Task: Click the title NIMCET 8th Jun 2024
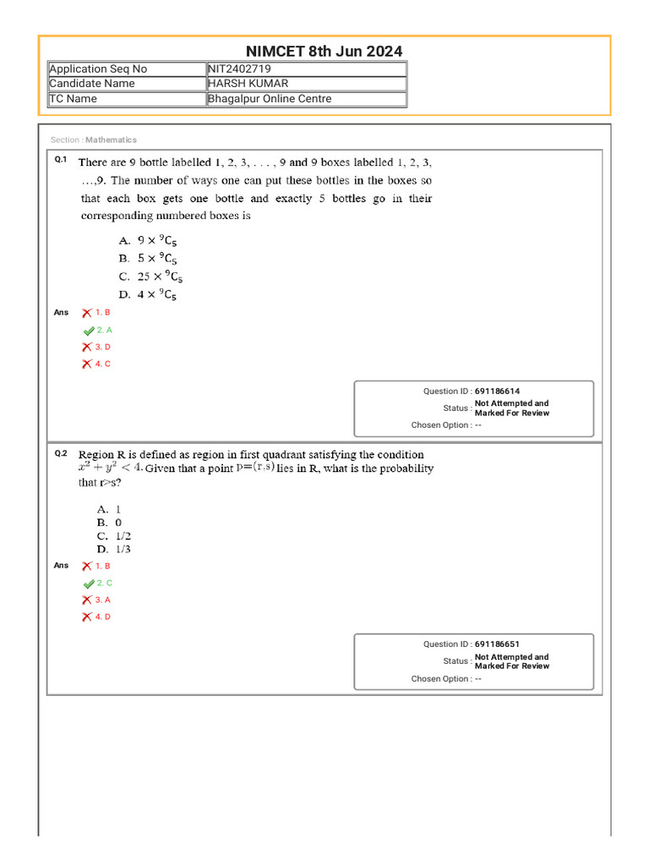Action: coord(324,52)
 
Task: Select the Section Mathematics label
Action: coord(93,140)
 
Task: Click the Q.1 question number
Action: coord(60,160)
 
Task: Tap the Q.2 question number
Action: coord(60,453)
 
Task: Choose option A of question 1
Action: coord(148,240)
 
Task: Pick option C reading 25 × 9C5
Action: coord(150,277)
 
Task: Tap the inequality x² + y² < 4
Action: coord(109,468)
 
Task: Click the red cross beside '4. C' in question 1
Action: coord(87,364)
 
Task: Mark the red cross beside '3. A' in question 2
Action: coord(87,600)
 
